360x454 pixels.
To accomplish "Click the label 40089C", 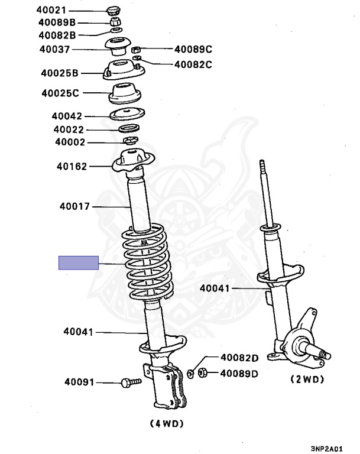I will pyautogui.click(x=193, y=50).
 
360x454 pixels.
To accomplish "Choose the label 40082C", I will pyautogui.click(x=193, y=64).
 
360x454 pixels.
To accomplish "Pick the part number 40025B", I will pyautogui.click(x=60, y=73).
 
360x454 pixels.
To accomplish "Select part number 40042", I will pyautogui.click(x=66, y=116).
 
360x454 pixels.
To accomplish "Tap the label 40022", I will pyautogui.click(x=69, y=129).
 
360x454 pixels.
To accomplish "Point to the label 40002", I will pyautogui.click(x=70, y=142).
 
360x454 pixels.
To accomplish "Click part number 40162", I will pyautogui.click(x=72, y=166).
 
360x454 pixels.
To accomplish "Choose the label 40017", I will pyautogui.click(x=74, y=206).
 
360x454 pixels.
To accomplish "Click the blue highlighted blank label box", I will pyautogui.click(x=78, y=263).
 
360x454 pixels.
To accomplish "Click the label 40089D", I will pyautogui.click(x=239, y=373).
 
